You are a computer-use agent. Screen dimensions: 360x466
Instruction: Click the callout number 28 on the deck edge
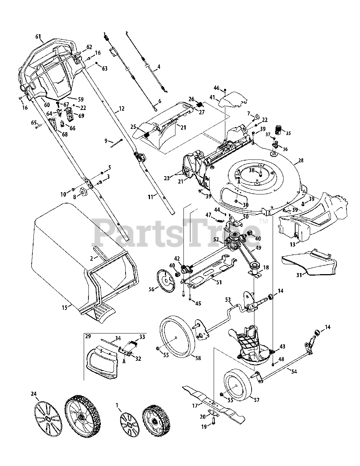301,161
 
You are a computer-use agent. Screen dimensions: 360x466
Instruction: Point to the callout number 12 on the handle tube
122,109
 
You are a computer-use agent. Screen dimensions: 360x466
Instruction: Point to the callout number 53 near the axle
228,300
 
